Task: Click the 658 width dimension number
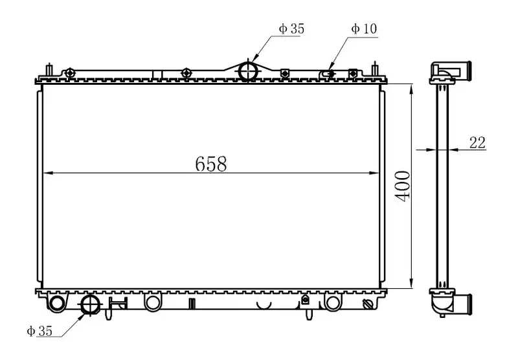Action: coord(211,164)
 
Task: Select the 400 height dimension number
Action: coord(401,186)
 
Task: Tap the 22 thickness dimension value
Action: coord(477,143)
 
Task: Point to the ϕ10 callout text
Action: coord(364,28)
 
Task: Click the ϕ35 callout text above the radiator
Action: coord(291,28)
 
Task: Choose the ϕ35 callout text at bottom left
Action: coord(39,331)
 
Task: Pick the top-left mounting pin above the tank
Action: coord(49,69)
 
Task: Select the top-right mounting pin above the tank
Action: coord(375,69)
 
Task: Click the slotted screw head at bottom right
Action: coord(370,304)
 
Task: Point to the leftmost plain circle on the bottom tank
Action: coord(57,303)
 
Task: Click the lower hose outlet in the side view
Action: coord(464,302)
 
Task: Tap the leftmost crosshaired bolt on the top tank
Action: coord(70,71)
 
